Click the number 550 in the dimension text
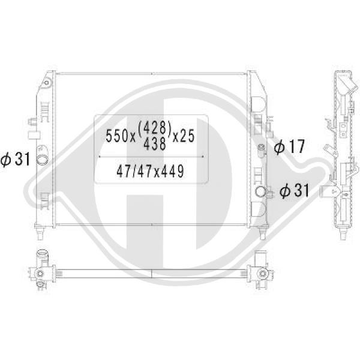(x=118, y=136)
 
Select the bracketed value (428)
(x=155, y=128)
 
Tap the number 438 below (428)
(x=155, y=144)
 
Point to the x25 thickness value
(x=184, y=136)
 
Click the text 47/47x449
(x=150, y=171)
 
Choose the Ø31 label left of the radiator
(x=16, y=160)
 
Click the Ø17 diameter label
(x=289, y=146)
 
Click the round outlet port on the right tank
(x=260, y=191)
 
